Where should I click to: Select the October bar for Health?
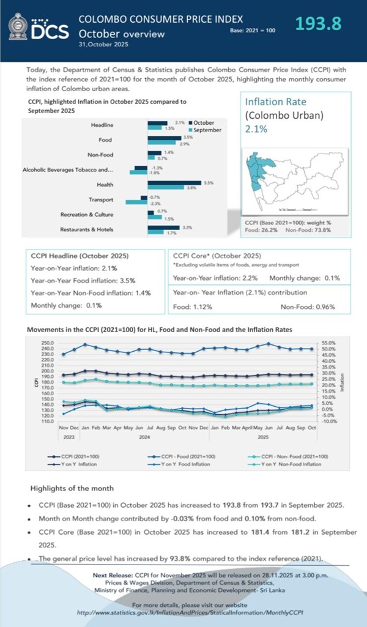pos(176,182)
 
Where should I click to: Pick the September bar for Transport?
pos(136,202)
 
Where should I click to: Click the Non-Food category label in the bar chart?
pos(100,155)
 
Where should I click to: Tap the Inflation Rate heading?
pos(275,102)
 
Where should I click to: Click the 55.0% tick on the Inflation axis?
pos(328,343)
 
